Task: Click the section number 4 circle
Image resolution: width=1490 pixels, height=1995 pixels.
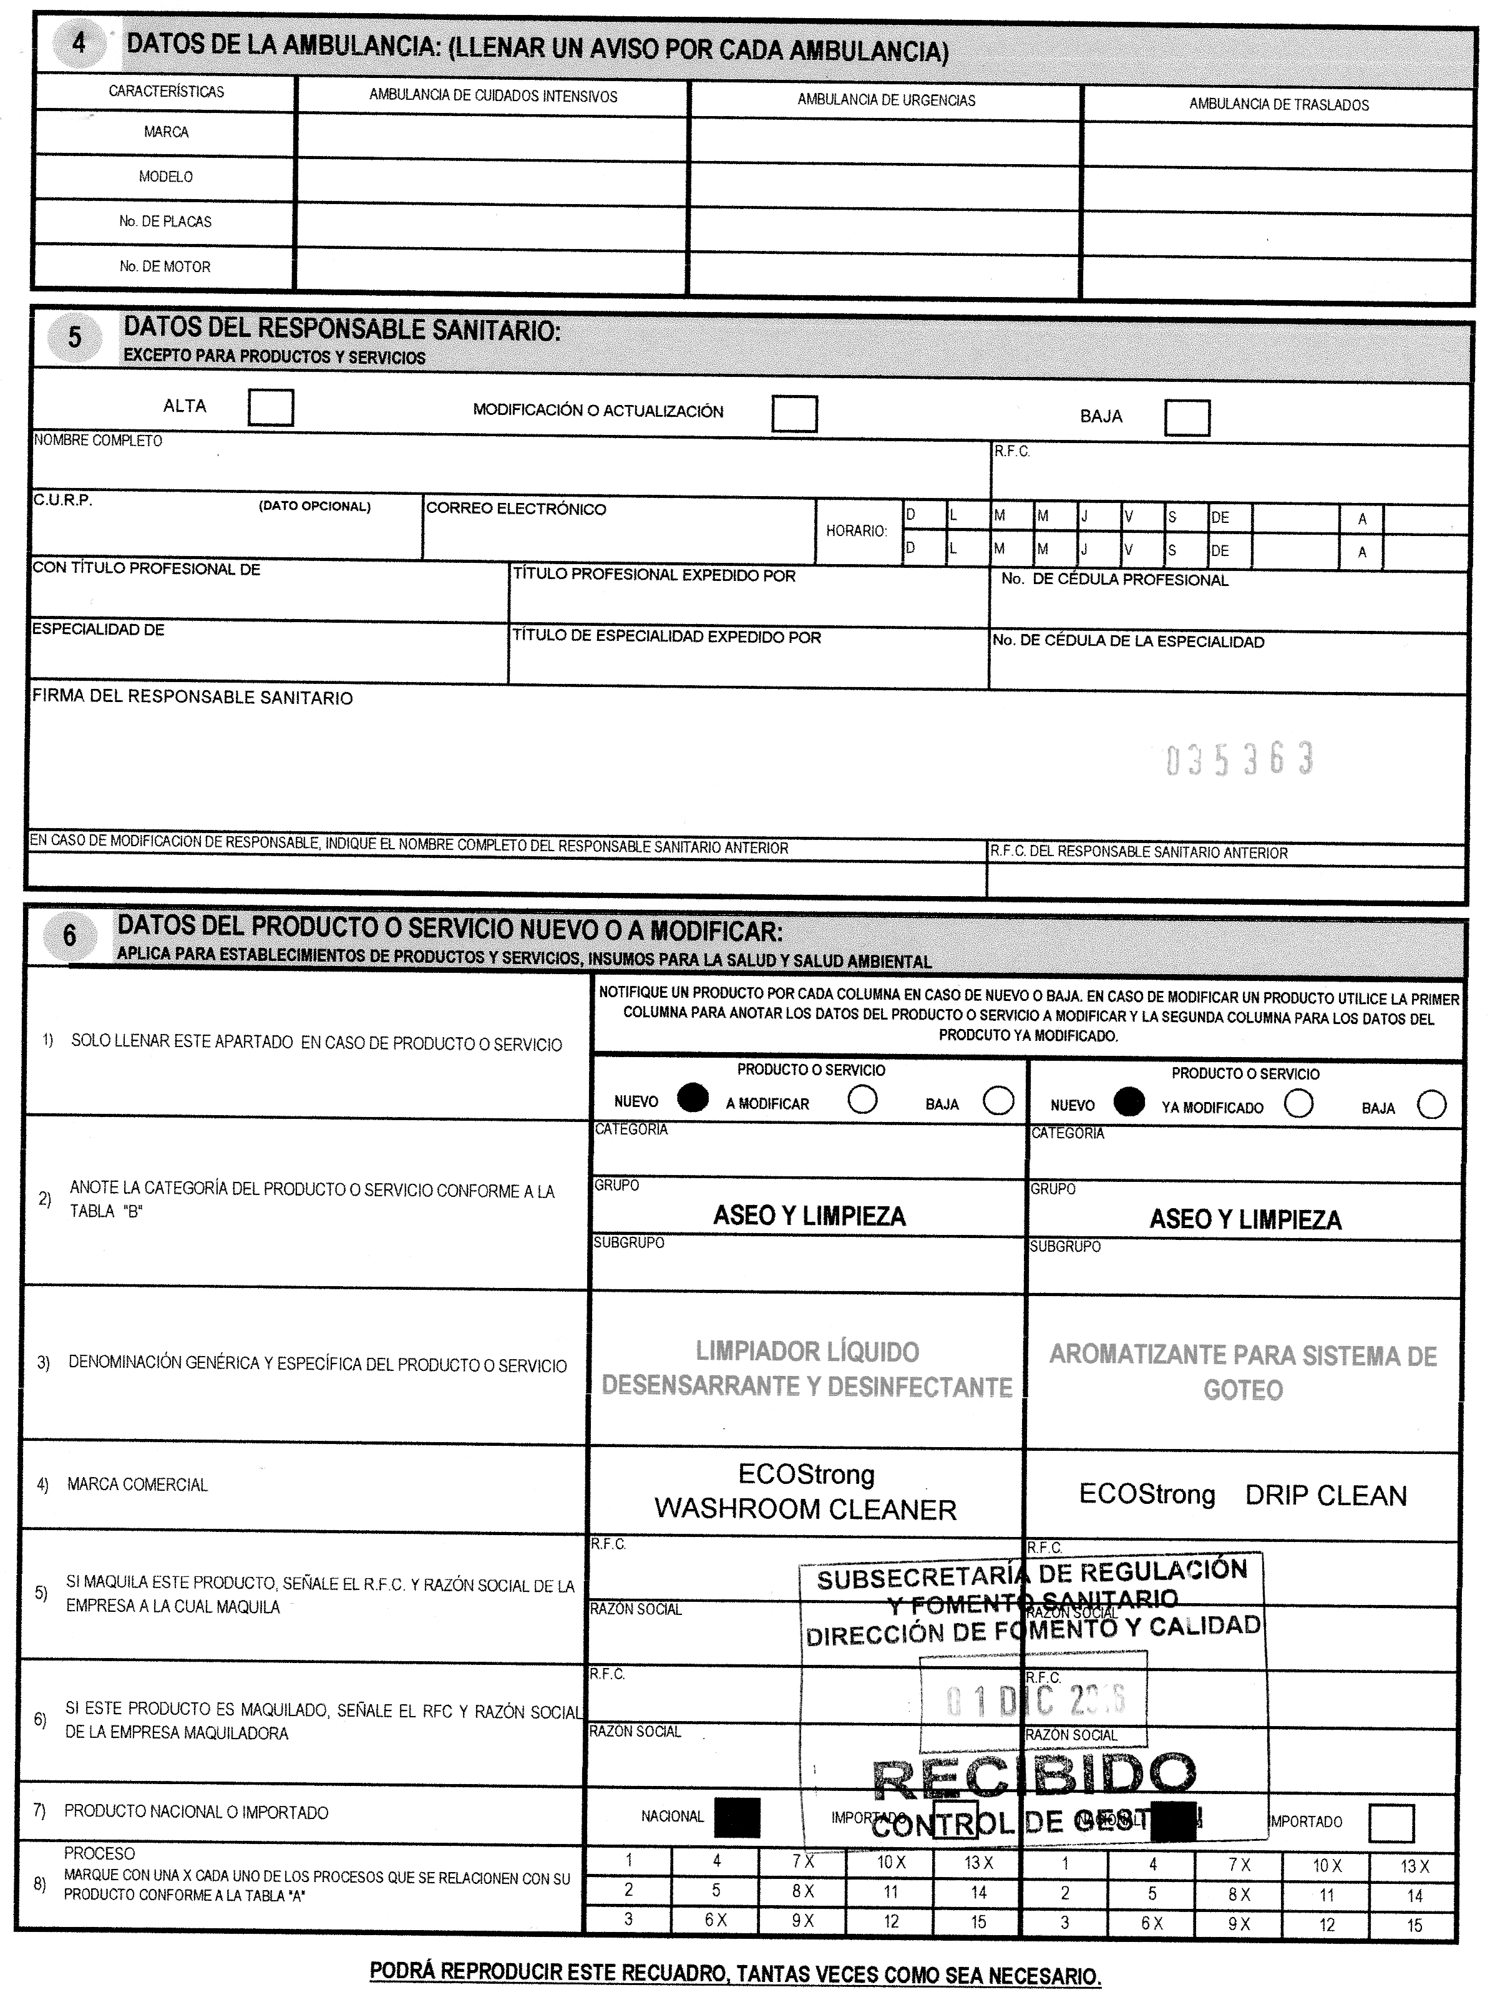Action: [x=79, y=43]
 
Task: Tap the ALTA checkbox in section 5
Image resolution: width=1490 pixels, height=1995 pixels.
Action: [x=271, y=407]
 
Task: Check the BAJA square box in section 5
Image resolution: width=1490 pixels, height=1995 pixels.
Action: [x=1186, y=417]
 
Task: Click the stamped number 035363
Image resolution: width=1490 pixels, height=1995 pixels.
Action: [x=1239, y=760]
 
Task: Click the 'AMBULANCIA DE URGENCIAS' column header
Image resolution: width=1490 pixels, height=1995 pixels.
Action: [x=886, y=100]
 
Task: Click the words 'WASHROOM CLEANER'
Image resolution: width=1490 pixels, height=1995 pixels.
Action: [x=806, y=1509]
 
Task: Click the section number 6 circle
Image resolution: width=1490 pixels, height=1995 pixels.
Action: [x=69, y=936]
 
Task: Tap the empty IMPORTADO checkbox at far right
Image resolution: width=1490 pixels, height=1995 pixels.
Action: [x=1391, y=1823]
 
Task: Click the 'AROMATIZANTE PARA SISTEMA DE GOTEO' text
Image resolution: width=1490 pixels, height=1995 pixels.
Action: [x=1243, y=1372]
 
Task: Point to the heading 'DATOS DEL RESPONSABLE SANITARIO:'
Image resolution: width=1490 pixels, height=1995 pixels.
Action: [x=342, y=330]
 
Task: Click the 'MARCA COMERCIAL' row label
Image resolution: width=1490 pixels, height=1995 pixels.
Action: [x=137, y=1485]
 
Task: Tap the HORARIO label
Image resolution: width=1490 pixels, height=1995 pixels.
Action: [x=856, y=531]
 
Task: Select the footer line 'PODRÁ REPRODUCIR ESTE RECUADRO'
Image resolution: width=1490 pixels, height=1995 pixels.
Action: [x=735, y=1974]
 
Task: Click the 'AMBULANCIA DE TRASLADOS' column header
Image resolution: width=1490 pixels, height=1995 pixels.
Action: [x=1278, y=105]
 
